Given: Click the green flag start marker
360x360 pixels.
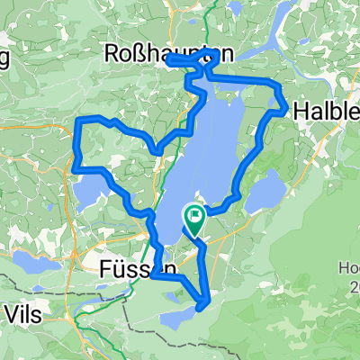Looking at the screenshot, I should tap(193, 217).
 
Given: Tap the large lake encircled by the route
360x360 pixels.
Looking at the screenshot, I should tap(211, 153).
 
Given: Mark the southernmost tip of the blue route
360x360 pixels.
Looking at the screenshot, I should tap(205, 307).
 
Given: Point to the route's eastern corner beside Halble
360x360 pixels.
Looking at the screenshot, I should tap(286, 111).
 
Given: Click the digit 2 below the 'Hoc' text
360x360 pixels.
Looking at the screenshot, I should tap(354, 287).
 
